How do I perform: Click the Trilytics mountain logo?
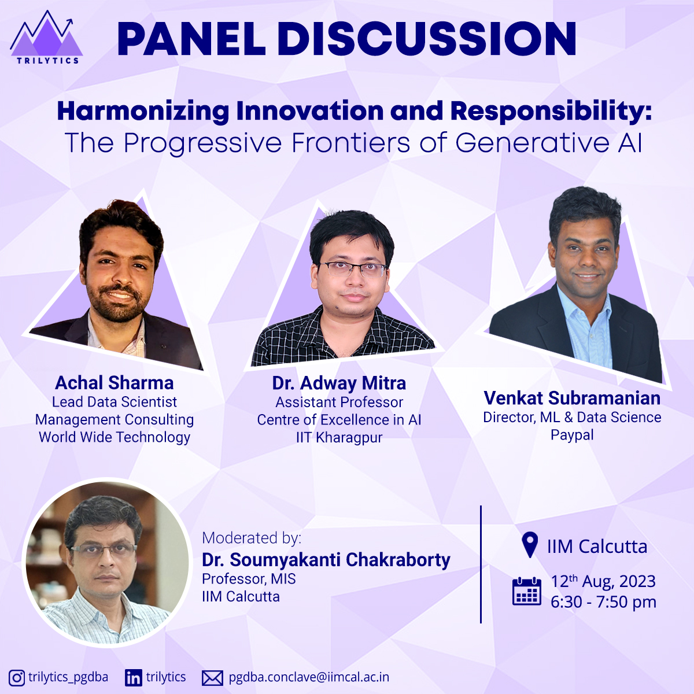(x=46, y=37)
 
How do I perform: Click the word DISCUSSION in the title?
(x=427, y=39)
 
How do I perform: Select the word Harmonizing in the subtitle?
(x=143, y=112)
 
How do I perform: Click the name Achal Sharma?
(x=114, y=382)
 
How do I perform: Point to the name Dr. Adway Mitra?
(x=339, y=383)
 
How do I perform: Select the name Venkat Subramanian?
(x=572, y=398)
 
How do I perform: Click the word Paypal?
(x=572, y=435)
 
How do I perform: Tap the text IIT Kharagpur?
(x=339, y=438)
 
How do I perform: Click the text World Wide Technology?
(x=114, y=437)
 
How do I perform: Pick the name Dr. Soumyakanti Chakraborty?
(x=326, y=560)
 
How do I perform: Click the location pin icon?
(x=530, y=545)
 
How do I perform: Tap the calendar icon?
(x=526, y=592)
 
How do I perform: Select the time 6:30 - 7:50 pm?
(x=603, y=602)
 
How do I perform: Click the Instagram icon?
(x=17, y=678)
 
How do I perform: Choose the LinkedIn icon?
(x=133, y=678)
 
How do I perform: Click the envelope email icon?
(x=212, y=678)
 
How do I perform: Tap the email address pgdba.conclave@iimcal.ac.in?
(x=309, y=677)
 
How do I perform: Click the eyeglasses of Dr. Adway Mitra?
(x=352, y=270)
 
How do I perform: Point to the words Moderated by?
(x=252, y=538)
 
